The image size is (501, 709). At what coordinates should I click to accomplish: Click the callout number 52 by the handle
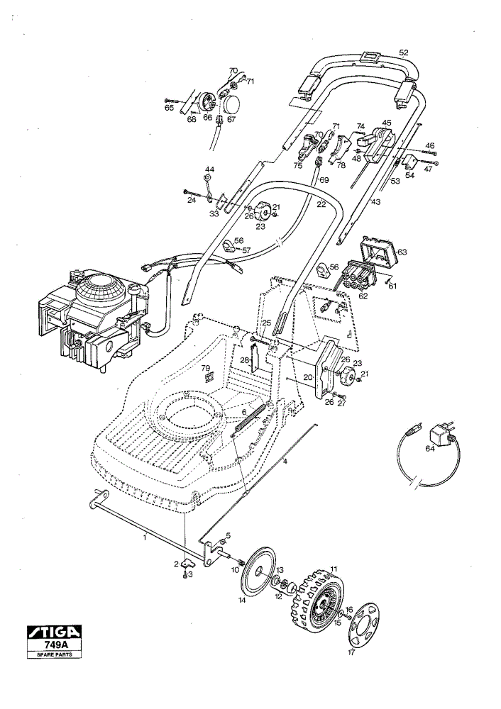click(x=404, y=52)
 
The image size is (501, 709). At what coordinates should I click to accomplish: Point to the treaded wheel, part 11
click(x=316, y=597)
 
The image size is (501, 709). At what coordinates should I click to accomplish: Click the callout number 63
click(x=402, y=252)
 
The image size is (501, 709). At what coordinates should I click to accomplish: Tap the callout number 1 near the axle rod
click(x=144, y=537)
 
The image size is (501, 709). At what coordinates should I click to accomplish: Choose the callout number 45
click(x=386, y=122)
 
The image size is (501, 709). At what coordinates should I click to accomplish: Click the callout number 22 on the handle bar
click(x=321, y=204)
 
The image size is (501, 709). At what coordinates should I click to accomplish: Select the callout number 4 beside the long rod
click(x=285, y=462)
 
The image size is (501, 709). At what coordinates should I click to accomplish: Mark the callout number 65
click(x=169, y=108)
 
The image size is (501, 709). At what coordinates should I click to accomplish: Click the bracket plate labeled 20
click(x=327, y=369)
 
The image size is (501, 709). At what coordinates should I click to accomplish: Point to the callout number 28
click(x=244, y=360)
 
